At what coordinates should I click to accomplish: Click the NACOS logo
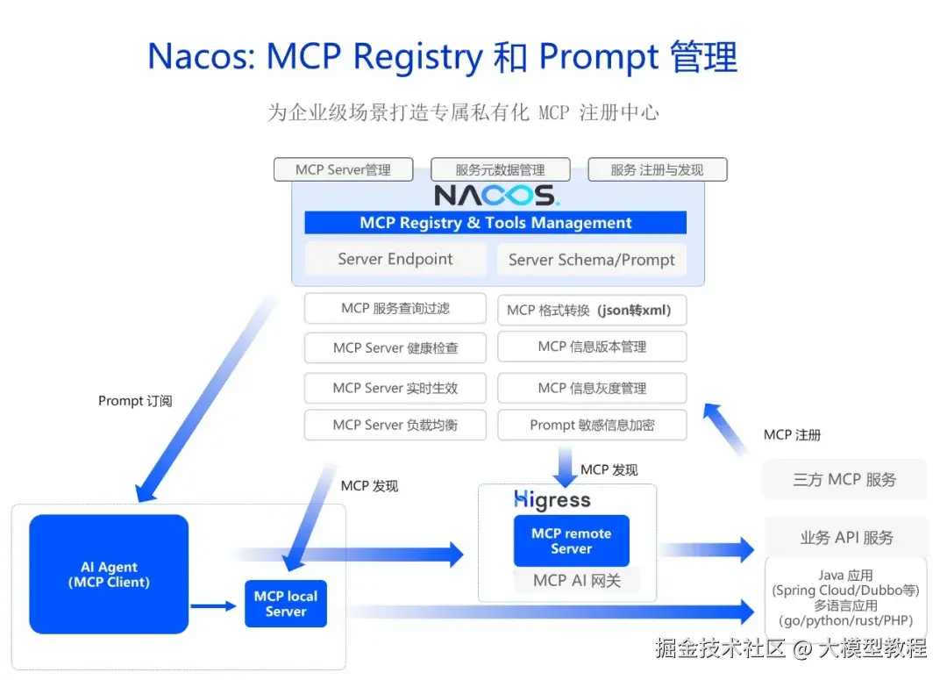pos(496,194)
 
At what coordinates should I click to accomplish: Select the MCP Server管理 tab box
pos(343,169)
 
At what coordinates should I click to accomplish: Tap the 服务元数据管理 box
pos(500,169)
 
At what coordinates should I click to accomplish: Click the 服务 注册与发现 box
pos(657,169)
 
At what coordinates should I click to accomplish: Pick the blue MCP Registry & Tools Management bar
pos(495,223)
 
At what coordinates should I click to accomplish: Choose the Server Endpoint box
pos(395,259)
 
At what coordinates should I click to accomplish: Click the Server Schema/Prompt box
pos(592,260)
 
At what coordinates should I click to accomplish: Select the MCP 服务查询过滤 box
pos(395,308)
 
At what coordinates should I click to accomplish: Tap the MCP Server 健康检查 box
pos(395,347)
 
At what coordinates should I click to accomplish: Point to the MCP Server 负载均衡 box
pos(395,425)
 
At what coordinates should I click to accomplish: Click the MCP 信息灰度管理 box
pos(592,388)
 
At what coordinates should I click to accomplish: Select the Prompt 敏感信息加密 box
pos(592,425)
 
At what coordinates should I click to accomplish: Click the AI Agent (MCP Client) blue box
pos(109,574)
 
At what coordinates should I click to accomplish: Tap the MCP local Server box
pos(286,604)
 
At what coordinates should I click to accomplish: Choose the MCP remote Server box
pos(571,540)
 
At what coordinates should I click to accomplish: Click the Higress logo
pos(552,500)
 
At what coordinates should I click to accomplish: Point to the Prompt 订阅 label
pos(135,401)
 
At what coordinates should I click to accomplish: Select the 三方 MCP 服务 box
pos(844,479)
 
